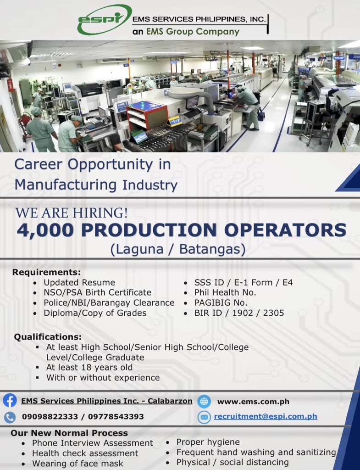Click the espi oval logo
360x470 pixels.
[105, 20]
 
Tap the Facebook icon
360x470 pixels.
[10, 401]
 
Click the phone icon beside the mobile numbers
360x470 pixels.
[10, 417]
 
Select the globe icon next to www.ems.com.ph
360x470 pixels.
[204, 401]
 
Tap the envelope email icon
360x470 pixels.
[204, 417]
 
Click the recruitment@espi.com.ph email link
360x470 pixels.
[266, 417]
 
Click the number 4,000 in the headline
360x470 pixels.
[45, 230]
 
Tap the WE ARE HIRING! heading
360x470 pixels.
[71, 213]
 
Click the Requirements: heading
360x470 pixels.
[46, 272]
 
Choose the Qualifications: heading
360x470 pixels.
[48, 337]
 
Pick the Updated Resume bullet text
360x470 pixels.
[79, 282]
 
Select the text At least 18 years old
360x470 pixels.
[89, 367]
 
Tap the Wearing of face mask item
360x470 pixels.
[78, 464]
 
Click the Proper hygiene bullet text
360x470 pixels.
[208, 442]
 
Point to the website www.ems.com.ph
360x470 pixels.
[253, 402]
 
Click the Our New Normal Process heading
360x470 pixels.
[69, 433]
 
